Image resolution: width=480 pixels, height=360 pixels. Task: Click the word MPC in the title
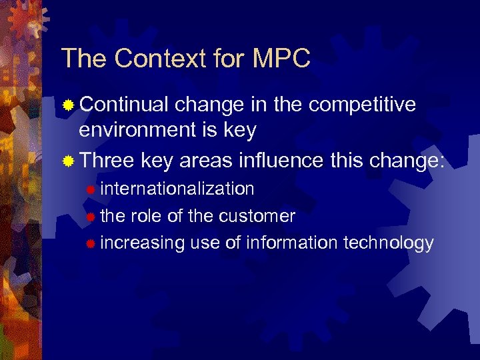282,59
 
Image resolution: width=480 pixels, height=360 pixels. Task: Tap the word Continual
123,105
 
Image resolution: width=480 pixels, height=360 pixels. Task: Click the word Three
107,161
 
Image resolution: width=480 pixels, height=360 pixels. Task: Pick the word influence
283,161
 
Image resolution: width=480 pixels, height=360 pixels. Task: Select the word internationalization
177,189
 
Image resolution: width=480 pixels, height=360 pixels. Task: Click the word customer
257,216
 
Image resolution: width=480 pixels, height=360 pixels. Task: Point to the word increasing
142,243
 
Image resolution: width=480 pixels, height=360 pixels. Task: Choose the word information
292,243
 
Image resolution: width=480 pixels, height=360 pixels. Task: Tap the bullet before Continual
68,105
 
